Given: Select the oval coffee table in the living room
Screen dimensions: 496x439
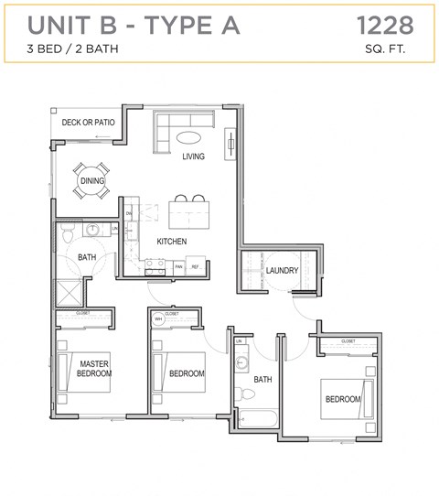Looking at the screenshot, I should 190,139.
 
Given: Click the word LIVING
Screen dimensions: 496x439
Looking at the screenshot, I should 192,156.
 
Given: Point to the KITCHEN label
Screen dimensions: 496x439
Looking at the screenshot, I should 171,242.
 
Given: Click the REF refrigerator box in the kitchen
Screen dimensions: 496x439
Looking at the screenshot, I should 195,267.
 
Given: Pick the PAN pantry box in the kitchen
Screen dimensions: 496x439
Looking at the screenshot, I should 179,267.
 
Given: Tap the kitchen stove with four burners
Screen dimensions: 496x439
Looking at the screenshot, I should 155,266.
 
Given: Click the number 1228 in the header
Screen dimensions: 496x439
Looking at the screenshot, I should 383,25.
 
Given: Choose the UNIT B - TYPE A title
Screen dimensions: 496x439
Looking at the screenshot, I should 134,26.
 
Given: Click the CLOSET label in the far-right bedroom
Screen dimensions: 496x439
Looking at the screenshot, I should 348,341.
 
